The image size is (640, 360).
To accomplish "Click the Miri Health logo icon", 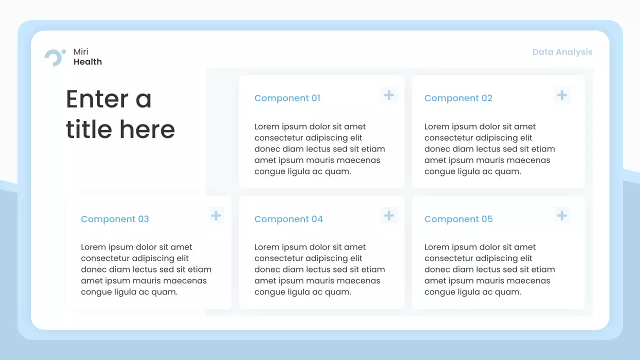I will (54, 57).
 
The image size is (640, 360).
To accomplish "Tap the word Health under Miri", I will (87, 62).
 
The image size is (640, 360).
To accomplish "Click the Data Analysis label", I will (562, 52).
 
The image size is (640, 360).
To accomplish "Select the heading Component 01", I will (287, 98).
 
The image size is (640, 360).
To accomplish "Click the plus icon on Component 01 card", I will (389, 95).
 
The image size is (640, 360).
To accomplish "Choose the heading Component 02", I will (458, 98).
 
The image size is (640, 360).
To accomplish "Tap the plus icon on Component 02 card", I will (562, 95).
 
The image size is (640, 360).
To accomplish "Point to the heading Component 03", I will (114, 219).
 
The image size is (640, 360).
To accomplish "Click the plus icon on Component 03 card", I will (216, 216).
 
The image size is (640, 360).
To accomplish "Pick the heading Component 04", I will (288, 219).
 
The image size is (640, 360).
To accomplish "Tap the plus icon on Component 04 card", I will (389, 216).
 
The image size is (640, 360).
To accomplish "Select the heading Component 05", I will (458, 219).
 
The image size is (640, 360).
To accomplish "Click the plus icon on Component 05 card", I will (562, 216).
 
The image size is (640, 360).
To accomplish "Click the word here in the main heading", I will (147, 129).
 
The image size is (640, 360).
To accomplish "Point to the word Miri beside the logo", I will (81, 52).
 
